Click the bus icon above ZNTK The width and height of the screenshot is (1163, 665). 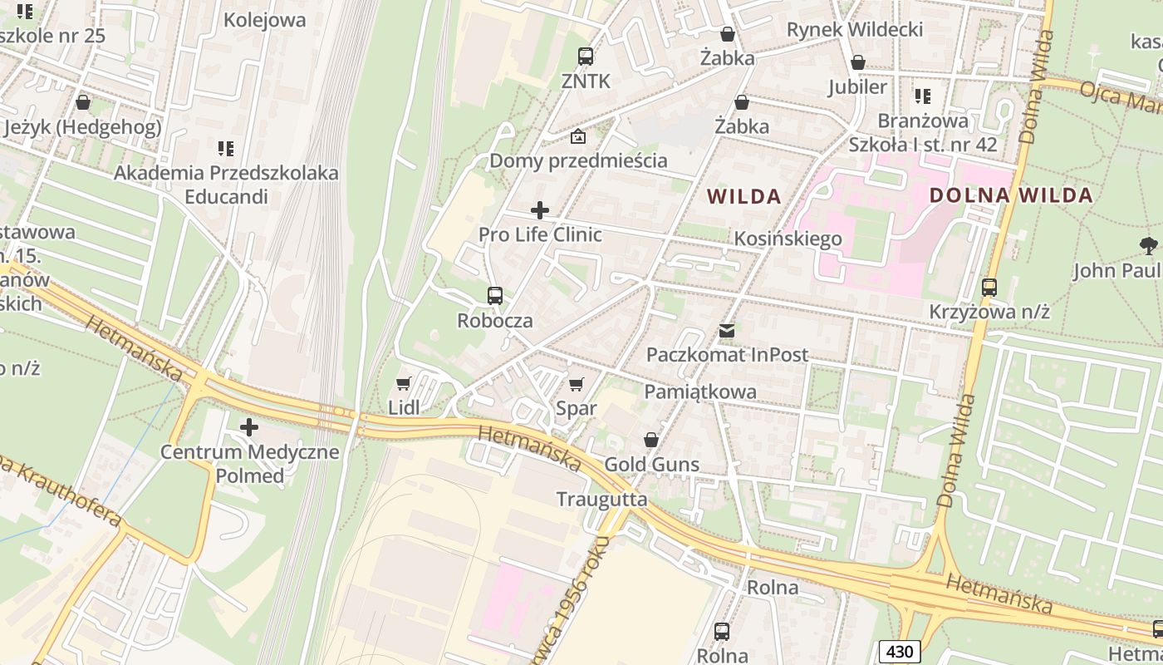tap(586, 57)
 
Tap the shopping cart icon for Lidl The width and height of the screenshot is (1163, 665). tap(404, 383)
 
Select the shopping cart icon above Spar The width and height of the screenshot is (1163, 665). tap(576, 384)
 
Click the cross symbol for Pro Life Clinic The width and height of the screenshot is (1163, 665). tap(540, 210)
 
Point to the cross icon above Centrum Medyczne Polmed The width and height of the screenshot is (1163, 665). tap(249, 428)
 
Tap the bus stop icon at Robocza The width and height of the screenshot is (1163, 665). tap(495, 296)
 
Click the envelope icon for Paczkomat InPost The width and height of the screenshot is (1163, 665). tap(727, 331)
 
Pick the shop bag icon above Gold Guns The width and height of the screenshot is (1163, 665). tap(651, 440)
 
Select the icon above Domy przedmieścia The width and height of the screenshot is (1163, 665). tap(578, 136)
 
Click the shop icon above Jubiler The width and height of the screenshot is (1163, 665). tap(858, 62)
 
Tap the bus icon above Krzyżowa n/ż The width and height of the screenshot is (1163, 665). tap(989, 288)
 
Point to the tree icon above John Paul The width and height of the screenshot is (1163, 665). tap(1149, 246)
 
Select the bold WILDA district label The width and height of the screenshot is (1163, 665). tap(743, 197)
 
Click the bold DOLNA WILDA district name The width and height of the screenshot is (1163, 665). tap(1010, 196)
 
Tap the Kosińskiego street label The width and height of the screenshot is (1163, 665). tap(788, 239)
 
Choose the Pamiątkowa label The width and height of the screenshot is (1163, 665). tap(700, 392)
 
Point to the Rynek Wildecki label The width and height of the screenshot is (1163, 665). tap(855, 30)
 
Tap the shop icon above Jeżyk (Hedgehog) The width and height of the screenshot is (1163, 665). tap(83, 103)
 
